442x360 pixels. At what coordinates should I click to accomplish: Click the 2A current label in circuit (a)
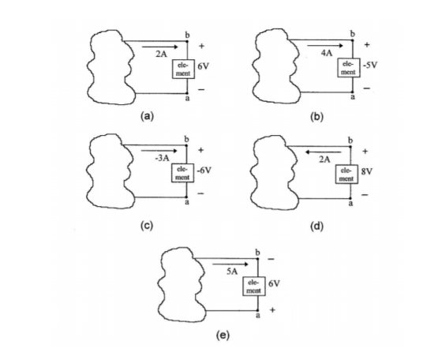pos(161,54)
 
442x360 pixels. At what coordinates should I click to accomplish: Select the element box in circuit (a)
pos(183,69)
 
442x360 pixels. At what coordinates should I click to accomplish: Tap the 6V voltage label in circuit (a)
pos(204,66)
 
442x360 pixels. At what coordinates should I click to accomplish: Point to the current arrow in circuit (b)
pos(325,45)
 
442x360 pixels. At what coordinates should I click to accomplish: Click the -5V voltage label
pos(369,66)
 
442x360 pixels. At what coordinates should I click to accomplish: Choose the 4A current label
pos(327,53)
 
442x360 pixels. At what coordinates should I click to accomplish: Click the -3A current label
pos(162,158)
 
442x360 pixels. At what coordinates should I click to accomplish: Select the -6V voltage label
pos(204,171)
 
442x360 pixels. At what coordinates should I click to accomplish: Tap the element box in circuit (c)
pos(182,173)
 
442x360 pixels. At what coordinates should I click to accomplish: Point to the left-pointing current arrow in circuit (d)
pos(324,152)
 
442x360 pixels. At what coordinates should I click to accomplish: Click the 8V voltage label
pos(367,171)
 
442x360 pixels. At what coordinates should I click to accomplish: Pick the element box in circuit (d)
pos(346,174)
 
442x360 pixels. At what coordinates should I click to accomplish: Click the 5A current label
pos(232,272)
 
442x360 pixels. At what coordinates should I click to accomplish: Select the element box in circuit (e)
pos(254,286)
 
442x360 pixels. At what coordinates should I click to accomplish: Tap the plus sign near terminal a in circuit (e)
pos(272,309)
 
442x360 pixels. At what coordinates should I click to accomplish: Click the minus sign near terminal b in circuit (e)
pos(271,259)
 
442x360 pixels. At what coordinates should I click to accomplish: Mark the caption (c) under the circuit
pos(147,226)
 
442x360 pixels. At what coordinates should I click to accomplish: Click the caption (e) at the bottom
pos(223,336)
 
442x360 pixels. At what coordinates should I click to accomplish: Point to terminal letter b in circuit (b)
pos(352,34)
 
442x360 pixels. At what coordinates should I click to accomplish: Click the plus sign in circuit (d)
pos(365,152)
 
